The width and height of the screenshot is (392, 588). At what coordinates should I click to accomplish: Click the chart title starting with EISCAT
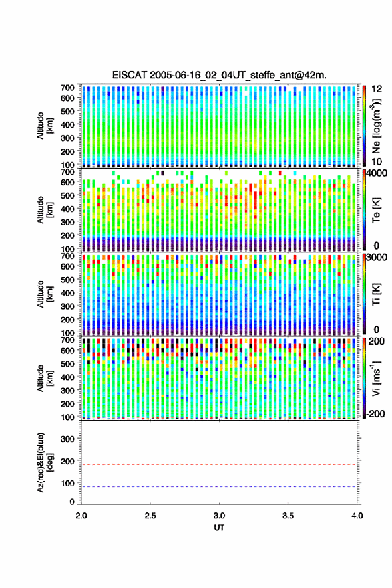click(x=219, y=75)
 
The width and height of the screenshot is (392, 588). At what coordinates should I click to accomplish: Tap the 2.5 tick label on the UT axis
click(x=150, y=516)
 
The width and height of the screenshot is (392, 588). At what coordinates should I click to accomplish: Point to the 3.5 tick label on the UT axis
click(x=288, y=516)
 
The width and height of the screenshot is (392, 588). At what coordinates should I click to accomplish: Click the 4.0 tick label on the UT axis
click(x=357, y=516)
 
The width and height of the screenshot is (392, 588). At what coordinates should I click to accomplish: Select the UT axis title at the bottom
click(x=219, y=528)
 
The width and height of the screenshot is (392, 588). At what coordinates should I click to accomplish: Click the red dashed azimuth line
click(x=219, y=465)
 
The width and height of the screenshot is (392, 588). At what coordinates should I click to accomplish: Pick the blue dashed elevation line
click(x=219, y=487)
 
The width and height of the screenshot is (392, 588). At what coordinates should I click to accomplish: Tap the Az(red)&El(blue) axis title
click(x=45, y=463)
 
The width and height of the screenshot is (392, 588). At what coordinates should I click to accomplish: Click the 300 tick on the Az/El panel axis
click(x=67, y=439)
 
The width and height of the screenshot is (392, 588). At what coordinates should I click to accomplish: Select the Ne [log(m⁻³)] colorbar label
click(x=376, y=126)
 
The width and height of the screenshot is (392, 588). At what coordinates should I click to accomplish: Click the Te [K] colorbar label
click(x=376, y=210)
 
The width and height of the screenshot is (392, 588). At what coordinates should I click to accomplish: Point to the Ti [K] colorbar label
click(x=376, y=294)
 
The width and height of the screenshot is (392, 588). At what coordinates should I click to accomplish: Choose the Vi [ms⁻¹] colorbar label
click(x=376, y=379)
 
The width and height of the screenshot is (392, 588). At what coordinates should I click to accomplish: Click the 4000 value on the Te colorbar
click(x=377, y=174)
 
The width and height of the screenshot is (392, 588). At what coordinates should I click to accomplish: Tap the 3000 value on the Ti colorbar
click(x=377, y=258)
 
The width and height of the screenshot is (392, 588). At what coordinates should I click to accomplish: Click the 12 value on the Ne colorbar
click(x=377, y=89)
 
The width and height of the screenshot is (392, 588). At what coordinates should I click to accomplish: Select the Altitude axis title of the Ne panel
click(x=45, y=126)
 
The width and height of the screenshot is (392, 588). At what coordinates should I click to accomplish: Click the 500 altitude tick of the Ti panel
click(x=67, y=280)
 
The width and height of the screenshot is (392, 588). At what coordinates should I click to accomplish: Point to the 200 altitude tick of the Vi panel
click(x=67, y=404)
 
